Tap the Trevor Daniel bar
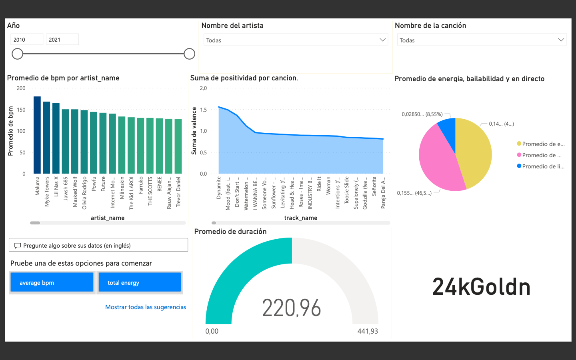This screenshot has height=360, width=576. [178, 146]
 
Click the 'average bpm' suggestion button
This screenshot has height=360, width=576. [52, 282]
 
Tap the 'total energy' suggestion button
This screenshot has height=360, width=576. [140, 282]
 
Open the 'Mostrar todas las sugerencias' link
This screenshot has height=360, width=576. [146, 307]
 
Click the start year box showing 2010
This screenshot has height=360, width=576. [26, 40]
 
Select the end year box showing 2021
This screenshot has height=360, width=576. [62, 40]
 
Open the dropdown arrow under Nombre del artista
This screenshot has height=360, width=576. [382, 40]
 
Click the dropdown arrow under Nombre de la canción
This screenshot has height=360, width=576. [561, 40]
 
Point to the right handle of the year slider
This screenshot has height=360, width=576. [189, 54]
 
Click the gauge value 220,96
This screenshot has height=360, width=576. [292, 308]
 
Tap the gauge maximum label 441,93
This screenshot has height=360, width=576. [367, 331]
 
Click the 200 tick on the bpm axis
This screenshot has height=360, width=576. [21, 88]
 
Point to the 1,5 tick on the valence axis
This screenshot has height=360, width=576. [203, 110]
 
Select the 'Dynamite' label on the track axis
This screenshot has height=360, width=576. [219, 188]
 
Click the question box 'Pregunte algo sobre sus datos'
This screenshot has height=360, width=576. [98, 245]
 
